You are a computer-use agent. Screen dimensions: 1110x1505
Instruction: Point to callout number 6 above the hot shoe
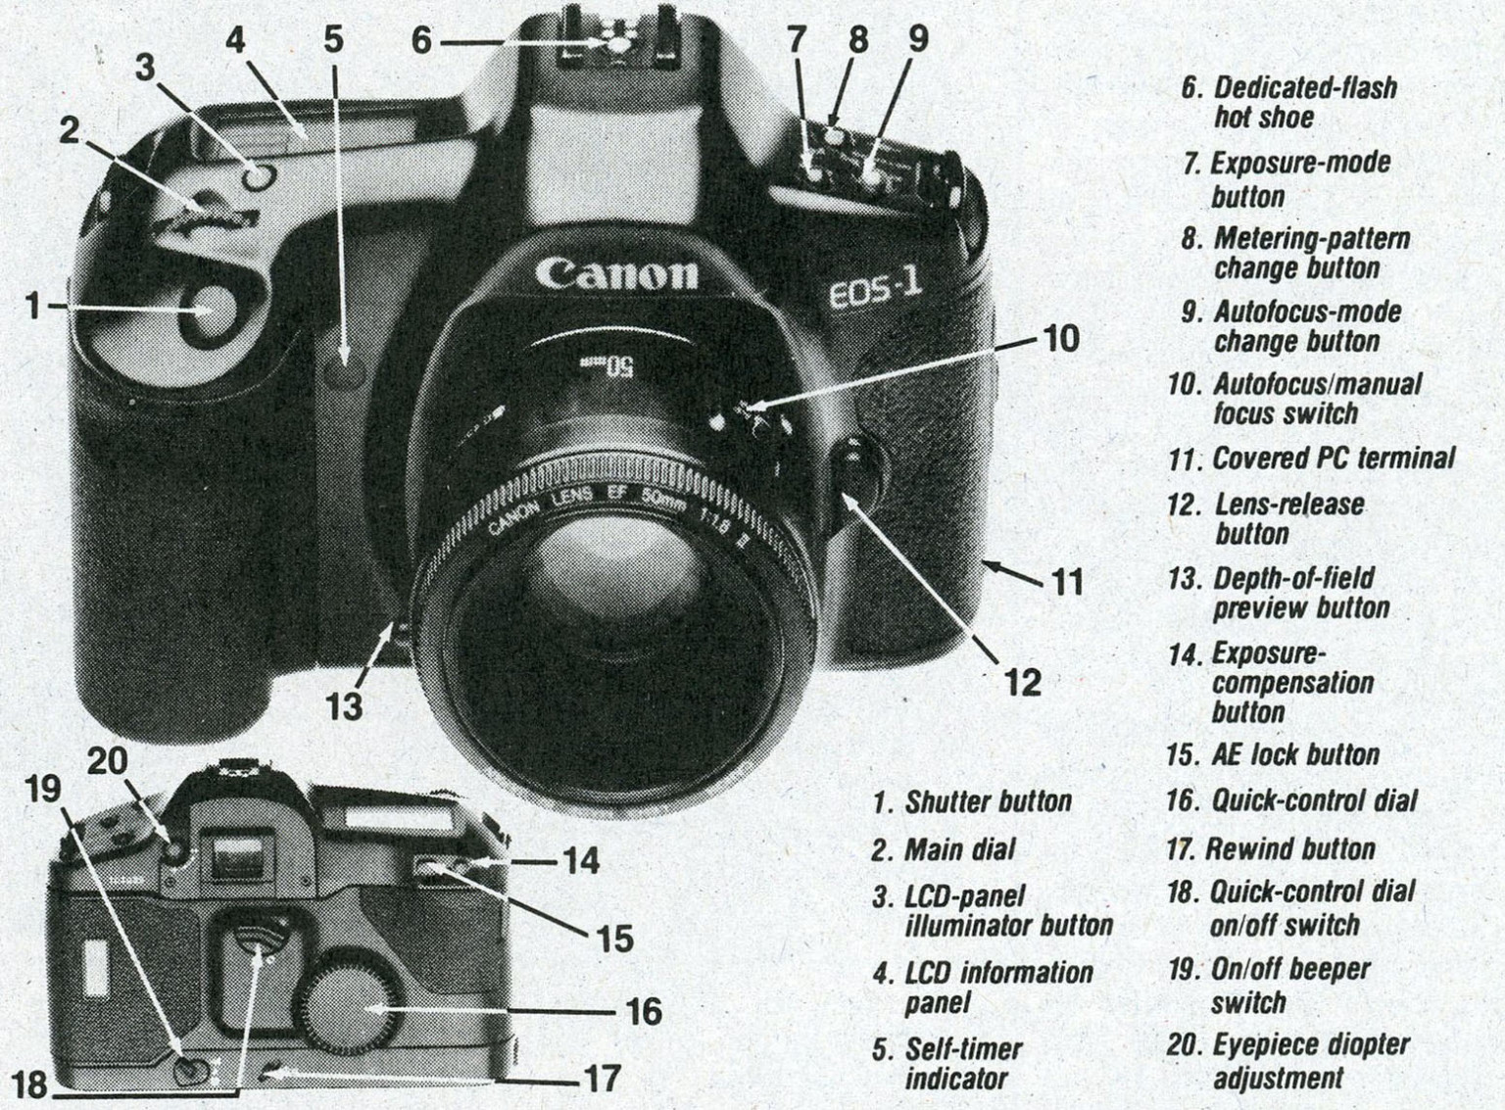tap(420, 41)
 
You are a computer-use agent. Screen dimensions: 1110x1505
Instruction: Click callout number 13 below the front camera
tap(344, 705)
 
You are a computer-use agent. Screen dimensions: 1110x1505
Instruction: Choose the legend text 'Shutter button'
tap(988, 802)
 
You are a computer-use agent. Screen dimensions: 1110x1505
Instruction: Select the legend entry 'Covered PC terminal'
tap(1333, 458)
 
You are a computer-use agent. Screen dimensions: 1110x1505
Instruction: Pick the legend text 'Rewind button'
tap(1289, 849)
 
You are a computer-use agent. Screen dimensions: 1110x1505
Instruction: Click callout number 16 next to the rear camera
tap(643, 1010)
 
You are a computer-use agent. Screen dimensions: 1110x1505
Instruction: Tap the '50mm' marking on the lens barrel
tap(620, 368)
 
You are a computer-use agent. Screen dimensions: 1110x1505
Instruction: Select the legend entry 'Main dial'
tap(959, 849)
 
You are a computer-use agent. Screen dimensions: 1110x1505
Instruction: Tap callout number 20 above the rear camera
tap(109, 761)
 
